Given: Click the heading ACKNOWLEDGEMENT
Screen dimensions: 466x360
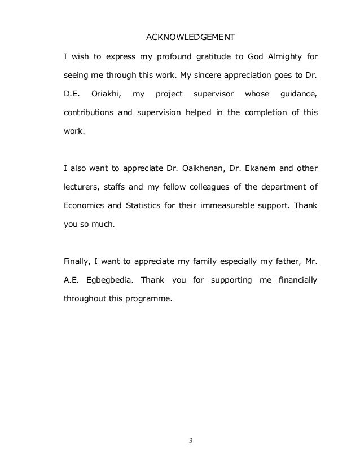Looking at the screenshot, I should (x=190, y=38).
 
